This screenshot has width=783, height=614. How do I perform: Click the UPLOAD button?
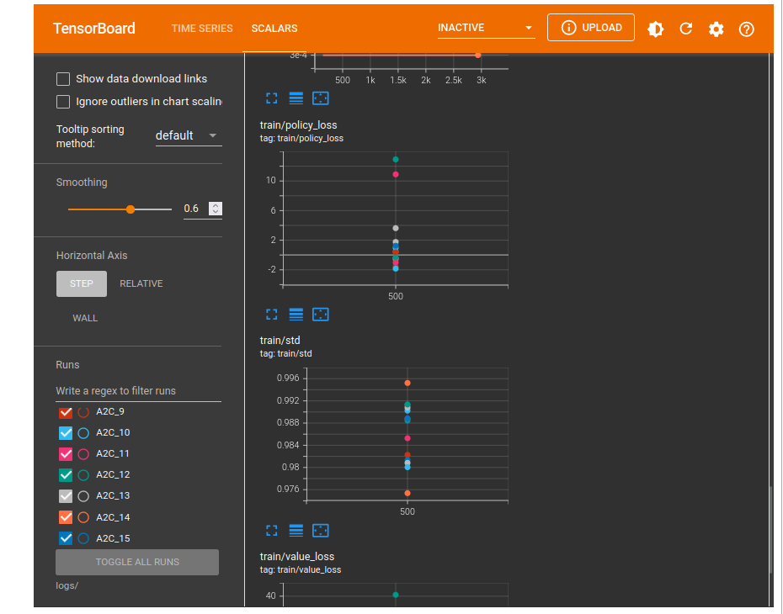click(x=590, y=28)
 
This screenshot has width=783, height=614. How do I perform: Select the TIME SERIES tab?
click(x=202, y=29)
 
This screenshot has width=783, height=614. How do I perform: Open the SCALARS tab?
click(x=274, y=29)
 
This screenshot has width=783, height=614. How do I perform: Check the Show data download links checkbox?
click(x=63, y=79)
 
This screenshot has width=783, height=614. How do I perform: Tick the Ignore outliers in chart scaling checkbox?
click(x=63, y=102)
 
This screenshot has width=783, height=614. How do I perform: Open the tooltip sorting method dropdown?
click(x=188, y=135)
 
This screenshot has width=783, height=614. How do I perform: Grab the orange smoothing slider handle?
click(x=130, y=209)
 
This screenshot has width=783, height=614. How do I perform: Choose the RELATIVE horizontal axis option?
click(x=141, y=283)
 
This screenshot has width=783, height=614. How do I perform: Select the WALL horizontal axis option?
click(x=85, y=318)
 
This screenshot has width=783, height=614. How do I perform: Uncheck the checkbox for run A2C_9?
click(x=66, y=412)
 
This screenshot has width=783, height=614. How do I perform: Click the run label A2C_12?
click(x=113, y=475)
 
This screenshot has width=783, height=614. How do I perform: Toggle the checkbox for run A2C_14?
click(x=66, y=517)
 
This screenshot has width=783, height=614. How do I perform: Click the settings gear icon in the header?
click(x=716, y=29)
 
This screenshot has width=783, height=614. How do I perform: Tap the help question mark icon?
click(x=746, y=29)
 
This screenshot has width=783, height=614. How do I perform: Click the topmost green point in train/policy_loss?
click(x=396, y=160)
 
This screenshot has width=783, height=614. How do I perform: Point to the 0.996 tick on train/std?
click(x=288, y=378)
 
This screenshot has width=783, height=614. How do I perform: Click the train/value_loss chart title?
click(x=297, y=557)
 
